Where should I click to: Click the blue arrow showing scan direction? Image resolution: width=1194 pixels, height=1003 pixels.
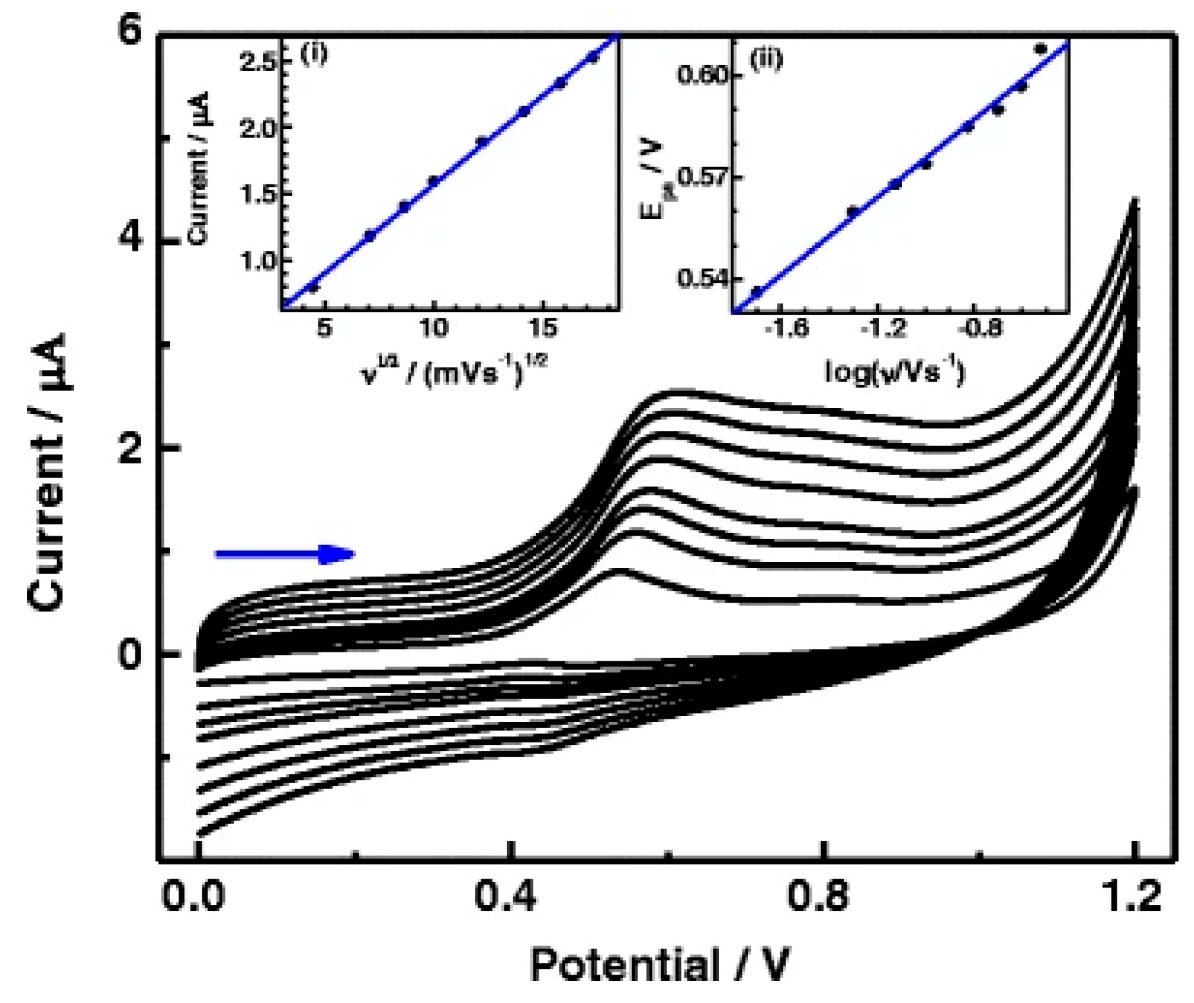click(284, 554)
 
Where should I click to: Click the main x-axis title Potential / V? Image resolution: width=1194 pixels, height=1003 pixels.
click(659, 965)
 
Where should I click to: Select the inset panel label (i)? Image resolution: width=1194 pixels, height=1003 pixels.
click(314, 53)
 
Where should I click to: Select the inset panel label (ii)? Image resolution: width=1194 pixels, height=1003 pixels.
click(767, 59)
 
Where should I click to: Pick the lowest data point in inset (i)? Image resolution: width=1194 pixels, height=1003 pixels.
click(314, 287)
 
